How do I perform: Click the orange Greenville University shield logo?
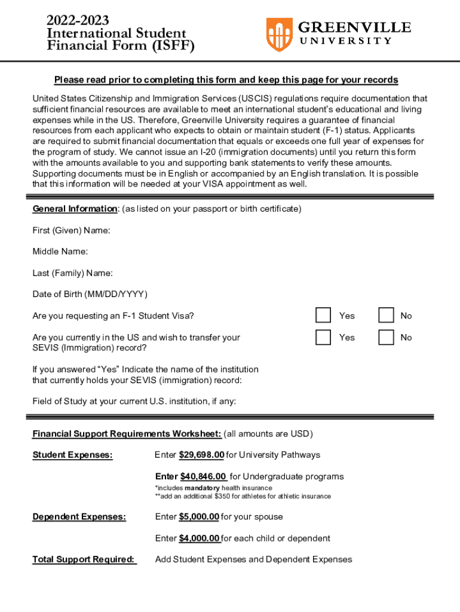pyautogui.click(x=279, y=34)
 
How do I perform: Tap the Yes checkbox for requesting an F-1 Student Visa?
pyautogui.click(x=323, y=315)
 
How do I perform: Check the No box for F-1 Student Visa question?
pyautogui.click(x=387, y=315)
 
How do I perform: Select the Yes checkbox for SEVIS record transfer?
pyautogui.click(x=323, y=337)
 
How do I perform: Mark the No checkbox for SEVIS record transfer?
pyautogui.click(x=387, y=337)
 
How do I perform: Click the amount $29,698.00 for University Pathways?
pyautogui.click(x=201, y=455)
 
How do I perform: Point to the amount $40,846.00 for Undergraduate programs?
pyautogui.click(x=203, y=476)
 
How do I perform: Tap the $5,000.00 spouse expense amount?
pyautogui.click(x=199, y=516)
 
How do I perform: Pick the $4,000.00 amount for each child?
pyautogui.click(x=200, y=538)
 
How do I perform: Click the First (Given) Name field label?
pyautogui.click(x=71, y=230)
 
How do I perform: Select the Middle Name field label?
pyautogui.click(x=60, y=252)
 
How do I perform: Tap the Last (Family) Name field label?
pyautogui.click(x=72, y=273)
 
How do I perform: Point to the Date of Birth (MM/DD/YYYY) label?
pyautogui.click(x=90, y=294)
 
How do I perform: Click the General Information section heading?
pyautogui.click(x=75, y=209)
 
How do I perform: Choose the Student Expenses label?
pyautogui.click(x=72, y=455)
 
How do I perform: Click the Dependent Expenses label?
pyautogui.click(x=79, y=516)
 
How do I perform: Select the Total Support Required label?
pyautogui.click(x=84, y=559)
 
